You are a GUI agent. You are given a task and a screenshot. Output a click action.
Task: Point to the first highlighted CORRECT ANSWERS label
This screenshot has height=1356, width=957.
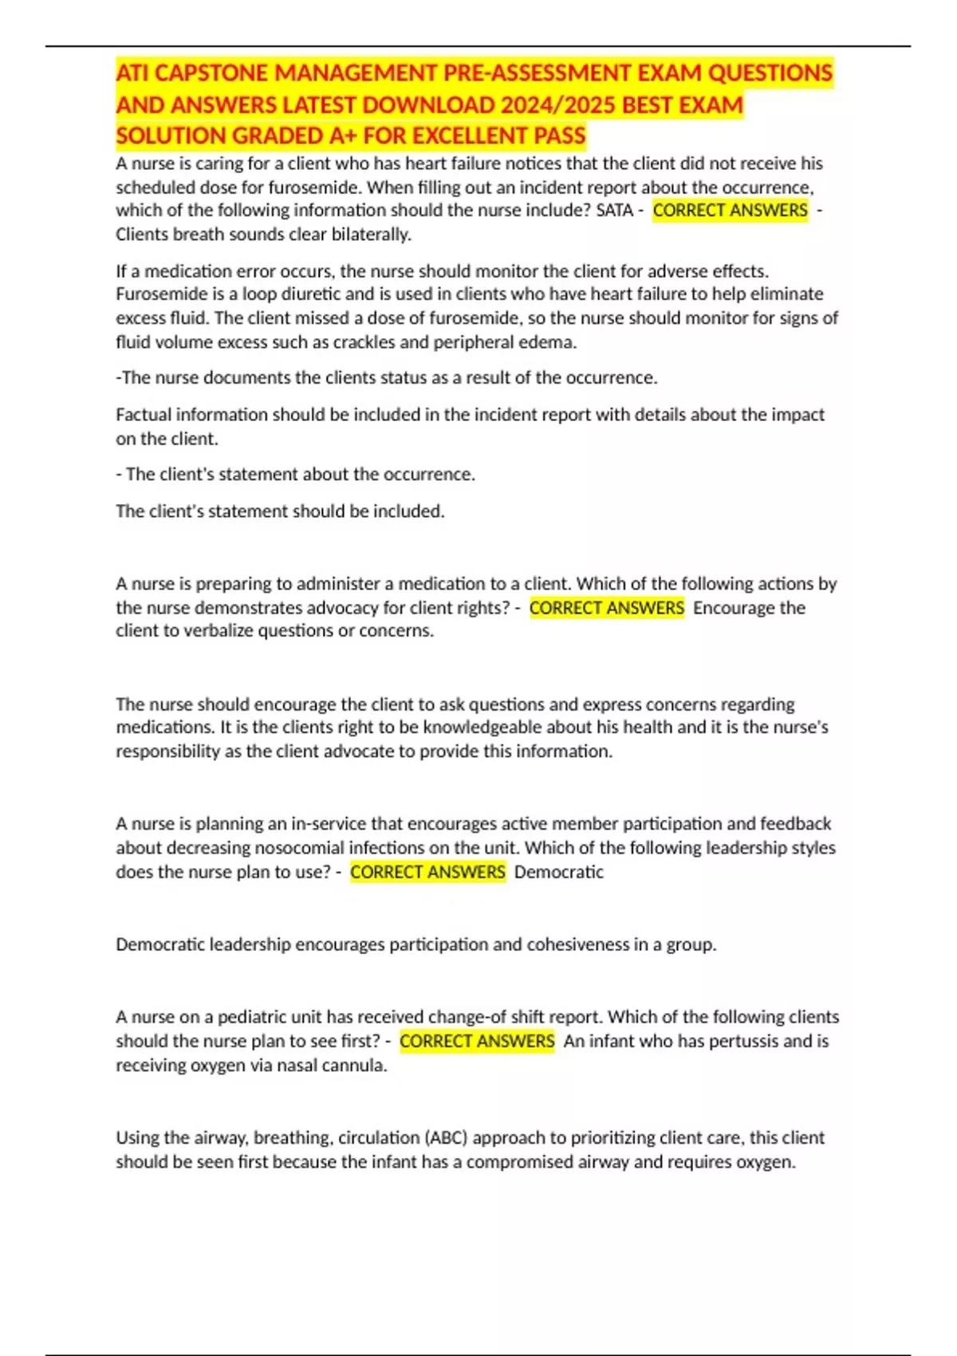click(x=730, y=211)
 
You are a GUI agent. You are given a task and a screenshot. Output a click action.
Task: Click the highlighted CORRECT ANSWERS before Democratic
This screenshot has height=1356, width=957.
click(x=427, y=872)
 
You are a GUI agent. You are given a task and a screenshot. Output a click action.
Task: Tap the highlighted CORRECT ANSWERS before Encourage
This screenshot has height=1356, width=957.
click(x=606, y=608)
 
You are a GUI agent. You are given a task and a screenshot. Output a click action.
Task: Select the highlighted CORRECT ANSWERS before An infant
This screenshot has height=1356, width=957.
click(x=477, y=1041)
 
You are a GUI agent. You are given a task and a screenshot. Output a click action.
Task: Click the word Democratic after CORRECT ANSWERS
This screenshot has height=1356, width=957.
click(x=559, y=872)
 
